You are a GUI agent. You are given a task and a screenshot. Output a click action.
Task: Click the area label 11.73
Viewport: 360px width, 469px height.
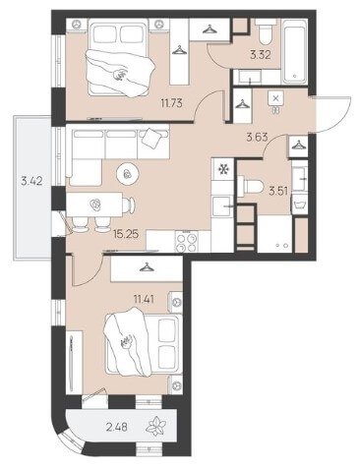point(171,103)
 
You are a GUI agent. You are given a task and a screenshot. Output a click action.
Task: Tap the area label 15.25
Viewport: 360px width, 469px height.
point(126,234)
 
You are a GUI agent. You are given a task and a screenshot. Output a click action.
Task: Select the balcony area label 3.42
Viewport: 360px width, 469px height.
point(31,181)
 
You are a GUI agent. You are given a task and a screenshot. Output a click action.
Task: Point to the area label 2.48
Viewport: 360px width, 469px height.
point(117,427)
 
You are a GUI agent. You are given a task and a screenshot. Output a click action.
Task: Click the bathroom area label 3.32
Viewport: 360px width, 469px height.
point(261,55)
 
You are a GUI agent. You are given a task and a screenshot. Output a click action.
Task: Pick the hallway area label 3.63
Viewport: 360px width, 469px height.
point(257,138)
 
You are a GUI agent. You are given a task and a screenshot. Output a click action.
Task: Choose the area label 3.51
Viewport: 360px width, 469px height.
point(278,191)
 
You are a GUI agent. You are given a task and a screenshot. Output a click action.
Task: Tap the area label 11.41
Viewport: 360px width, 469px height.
point(145,299)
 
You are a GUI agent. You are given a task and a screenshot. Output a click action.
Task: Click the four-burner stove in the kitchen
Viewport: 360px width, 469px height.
point(187,242)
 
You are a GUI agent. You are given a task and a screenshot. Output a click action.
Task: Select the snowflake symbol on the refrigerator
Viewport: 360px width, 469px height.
point(223,169)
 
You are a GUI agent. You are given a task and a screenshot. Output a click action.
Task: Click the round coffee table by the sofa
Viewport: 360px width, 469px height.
point(128,173)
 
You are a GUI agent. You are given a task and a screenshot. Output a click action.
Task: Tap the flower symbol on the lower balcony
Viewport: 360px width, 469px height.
point(157,426)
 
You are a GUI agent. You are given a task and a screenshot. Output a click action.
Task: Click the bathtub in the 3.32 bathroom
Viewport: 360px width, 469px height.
point(295,51)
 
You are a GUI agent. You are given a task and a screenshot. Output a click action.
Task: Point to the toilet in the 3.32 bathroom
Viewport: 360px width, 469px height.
point(266,31)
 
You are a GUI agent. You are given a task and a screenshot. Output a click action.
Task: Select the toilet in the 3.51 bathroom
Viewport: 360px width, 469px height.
point(251,187)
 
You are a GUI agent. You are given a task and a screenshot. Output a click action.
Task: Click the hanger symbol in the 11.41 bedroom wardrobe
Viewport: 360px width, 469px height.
point(147,267)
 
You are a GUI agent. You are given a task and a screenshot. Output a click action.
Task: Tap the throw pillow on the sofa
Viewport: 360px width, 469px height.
point(152,138)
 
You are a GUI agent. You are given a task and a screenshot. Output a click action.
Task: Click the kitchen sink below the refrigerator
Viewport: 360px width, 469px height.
point(222,206)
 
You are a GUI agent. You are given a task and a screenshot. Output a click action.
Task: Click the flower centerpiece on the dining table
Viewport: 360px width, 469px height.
point(95,205)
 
